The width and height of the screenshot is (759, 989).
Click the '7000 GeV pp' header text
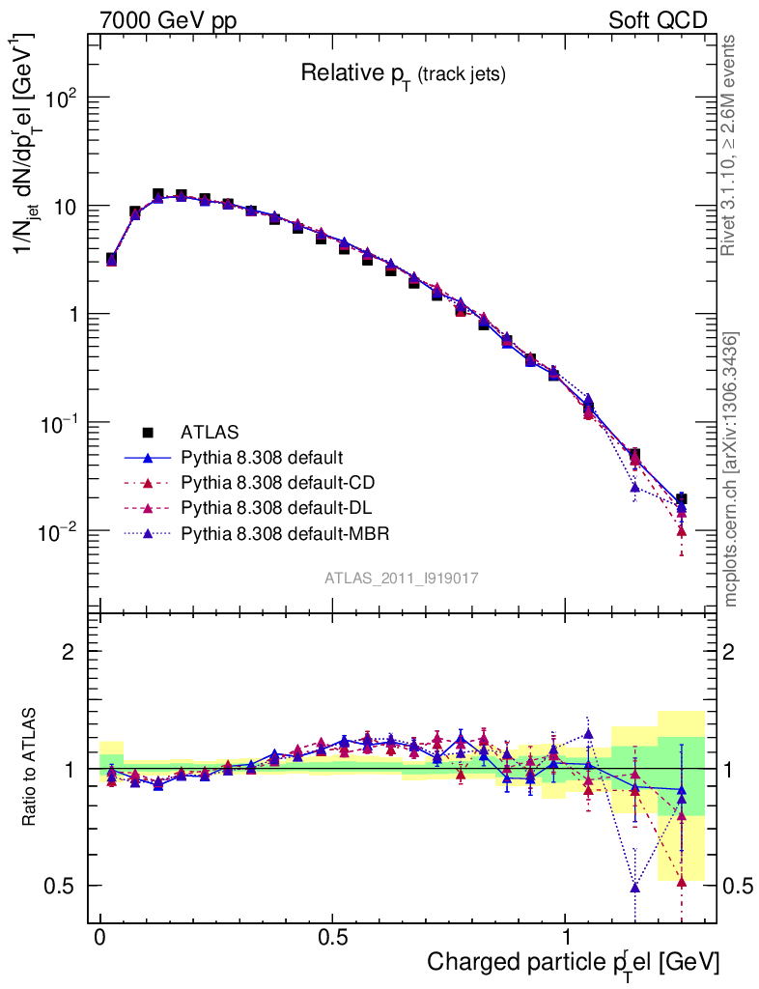pos(168,20)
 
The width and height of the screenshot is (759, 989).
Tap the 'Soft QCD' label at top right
pos(658,20)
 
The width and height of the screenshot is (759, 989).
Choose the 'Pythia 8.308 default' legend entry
pos(264,456)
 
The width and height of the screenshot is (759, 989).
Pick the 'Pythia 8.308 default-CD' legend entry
pos(275,482)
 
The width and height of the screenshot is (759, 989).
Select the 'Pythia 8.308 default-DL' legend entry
pos(274,507)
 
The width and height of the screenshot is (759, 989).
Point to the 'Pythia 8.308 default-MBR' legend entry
pos(281,532)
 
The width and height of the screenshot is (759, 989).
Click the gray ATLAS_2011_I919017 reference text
pos(402,578)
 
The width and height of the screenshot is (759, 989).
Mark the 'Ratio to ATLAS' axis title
pos(30,768)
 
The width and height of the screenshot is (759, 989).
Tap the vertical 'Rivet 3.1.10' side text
pos(730,145)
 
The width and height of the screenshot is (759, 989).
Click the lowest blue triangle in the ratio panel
pos(634,886)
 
